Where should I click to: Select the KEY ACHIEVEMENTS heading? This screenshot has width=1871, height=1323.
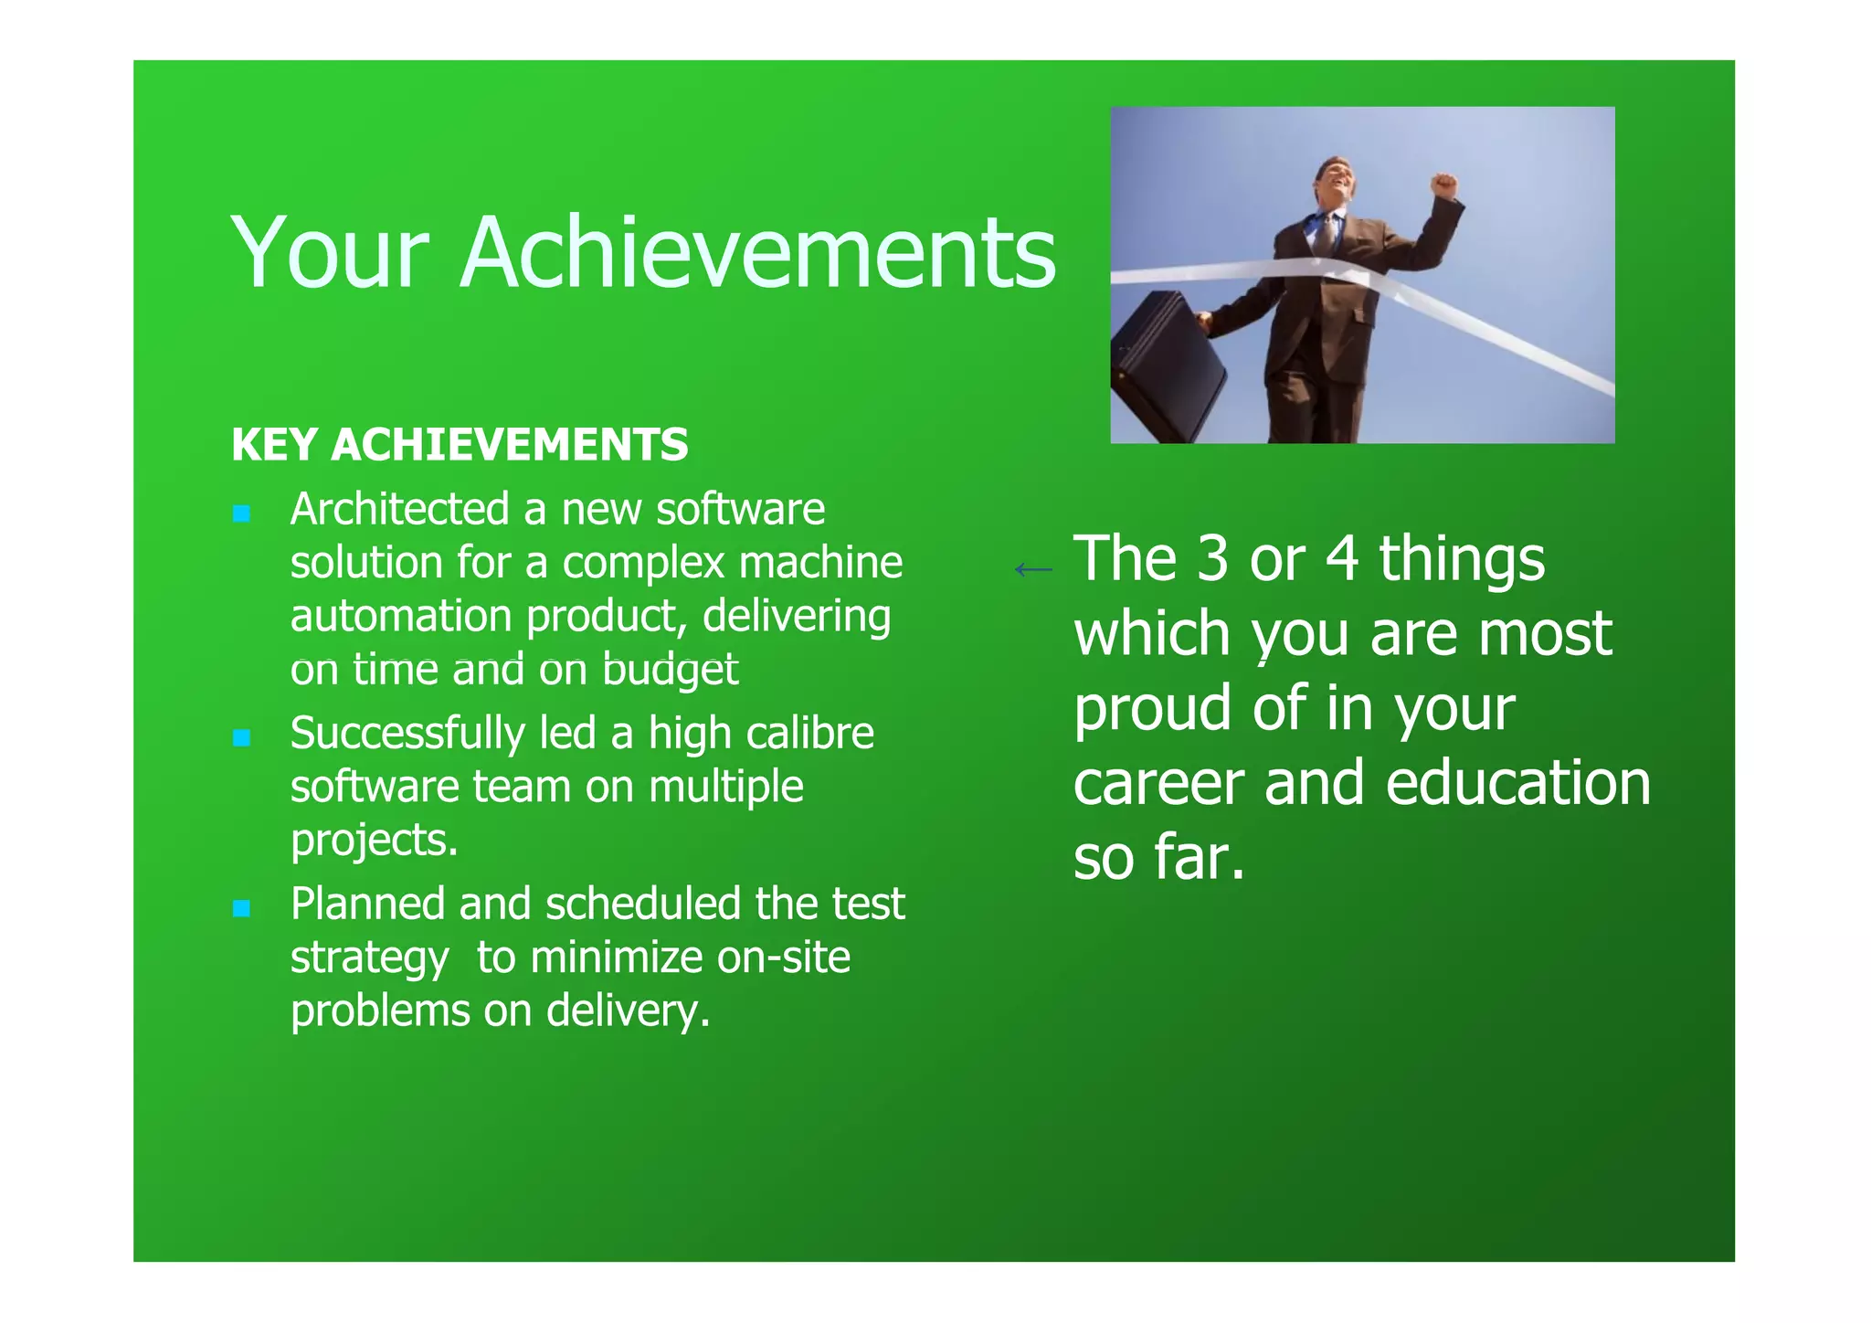(x=460, y=445)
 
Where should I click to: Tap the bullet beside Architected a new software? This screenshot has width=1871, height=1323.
(x=241, y=513)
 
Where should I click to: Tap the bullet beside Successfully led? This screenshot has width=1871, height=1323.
(x=241, y=737)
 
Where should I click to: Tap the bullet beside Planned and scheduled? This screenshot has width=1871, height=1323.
(x=241, y=908)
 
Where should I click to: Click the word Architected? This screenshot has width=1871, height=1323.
(x=399, y=509)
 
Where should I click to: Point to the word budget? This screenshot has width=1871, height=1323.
(x=670, y=671)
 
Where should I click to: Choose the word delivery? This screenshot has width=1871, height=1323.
(x=628, y=1011)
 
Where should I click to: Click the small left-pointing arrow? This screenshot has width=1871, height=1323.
(x=1033, y=570)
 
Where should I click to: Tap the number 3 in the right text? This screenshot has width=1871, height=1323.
(x=1212, y=558)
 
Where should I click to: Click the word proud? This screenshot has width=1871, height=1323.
(x=1152, y=710)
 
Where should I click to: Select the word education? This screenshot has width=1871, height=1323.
(x=1517, y=783)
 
